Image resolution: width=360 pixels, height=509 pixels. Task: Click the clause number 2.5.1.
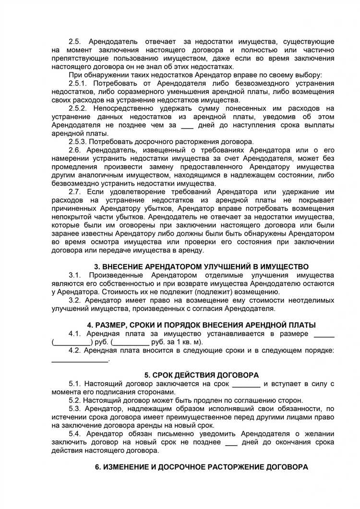coord(79,83)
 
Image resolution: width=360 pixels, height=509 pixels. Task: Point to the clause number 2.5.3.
coord(79,142)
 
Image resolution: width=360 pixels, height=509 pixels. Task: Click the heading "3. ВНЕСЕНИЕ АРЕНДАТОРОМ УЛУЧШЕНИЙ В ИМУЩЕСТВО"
coord(201,267)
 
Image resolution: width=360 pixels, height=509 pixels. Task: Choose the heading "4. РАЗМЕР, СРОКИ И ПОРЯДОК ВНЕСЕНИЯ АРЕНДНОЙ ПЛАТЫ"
coord(201,325)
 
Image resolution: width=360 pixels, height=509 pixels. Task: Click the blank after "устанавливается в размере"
coord(324,333)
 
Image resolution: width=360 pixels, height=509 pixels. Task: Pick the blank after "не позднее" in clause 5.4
coord(231,442)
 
